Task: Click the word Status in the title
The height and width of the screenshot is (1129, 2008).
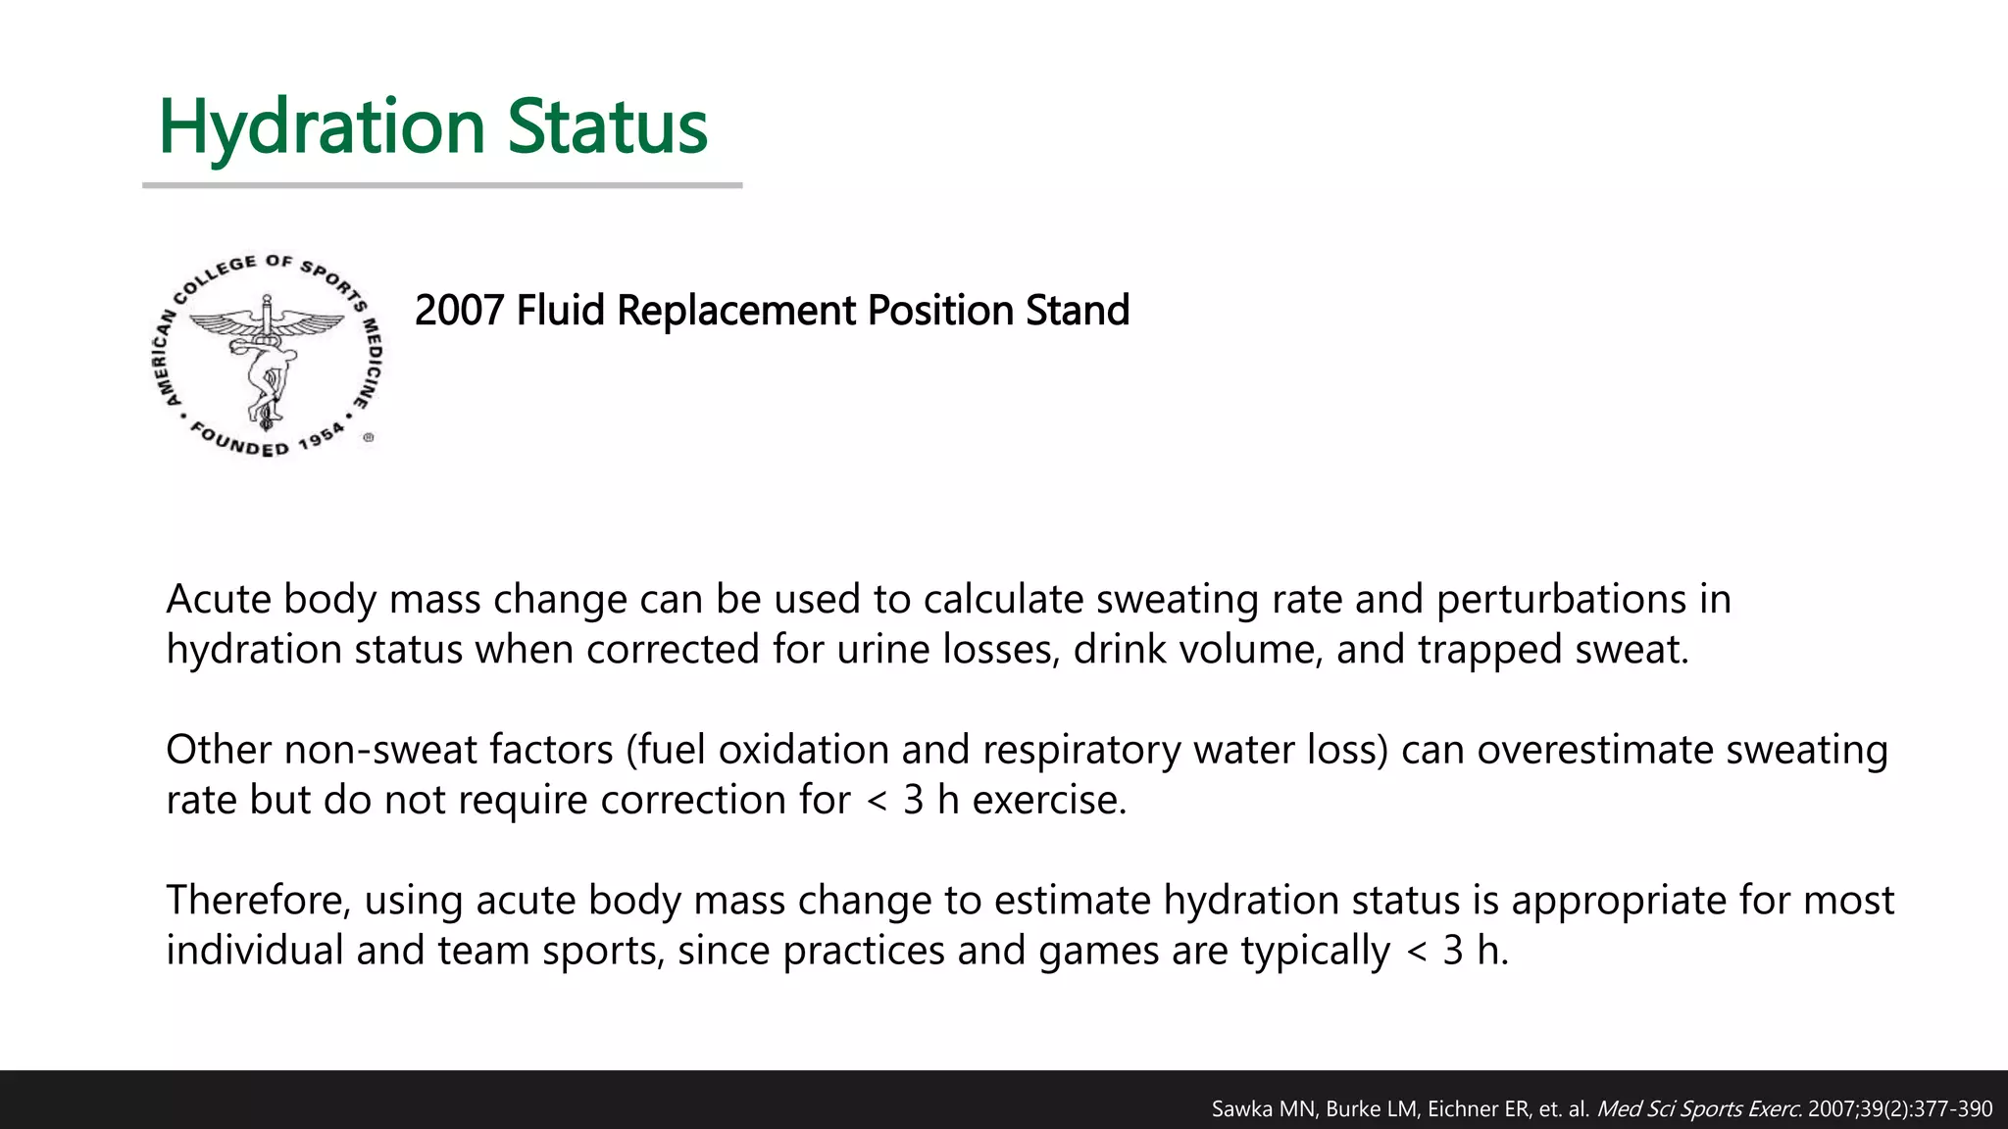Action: pyautogui.click(x=607, y=127)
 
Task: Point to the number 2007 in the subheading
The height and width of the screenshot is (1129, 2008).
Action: pyautogui.click(x=460, y=311)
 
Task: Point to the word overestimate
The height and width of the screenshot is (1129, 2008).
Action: pyautogui.click(x=1594, y=750)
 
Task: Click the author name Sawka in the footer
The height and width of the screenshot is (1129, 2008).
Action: pyautogui.click(x=1239, y=1109)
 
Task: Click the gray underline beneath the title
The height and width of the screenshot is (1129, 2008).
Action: pyautogui.click(x=442, y=184)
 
